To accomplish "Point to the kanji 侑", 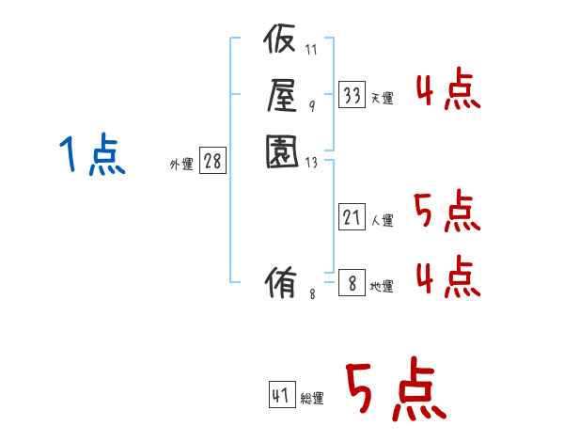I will pos(281,281).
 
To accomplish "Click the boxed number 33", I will pos(352,94).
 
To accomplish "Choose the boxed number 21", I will pos(352,218).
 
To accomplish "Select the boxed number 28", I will pos(212,162).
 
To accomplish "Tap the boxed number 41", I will pos(281,395).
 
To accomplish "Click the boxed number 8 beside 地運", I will pos(352,282).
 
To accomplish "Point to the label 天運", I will pos(383,98).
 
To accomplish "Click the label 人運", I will pos(383,221).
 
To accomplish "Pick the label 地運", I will pos(383,286).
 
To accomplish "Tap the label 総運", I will pos(312,399).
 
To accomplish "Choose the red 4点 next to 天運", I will pos(448,92).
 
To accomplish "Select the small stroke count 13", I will pos(311,163).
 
